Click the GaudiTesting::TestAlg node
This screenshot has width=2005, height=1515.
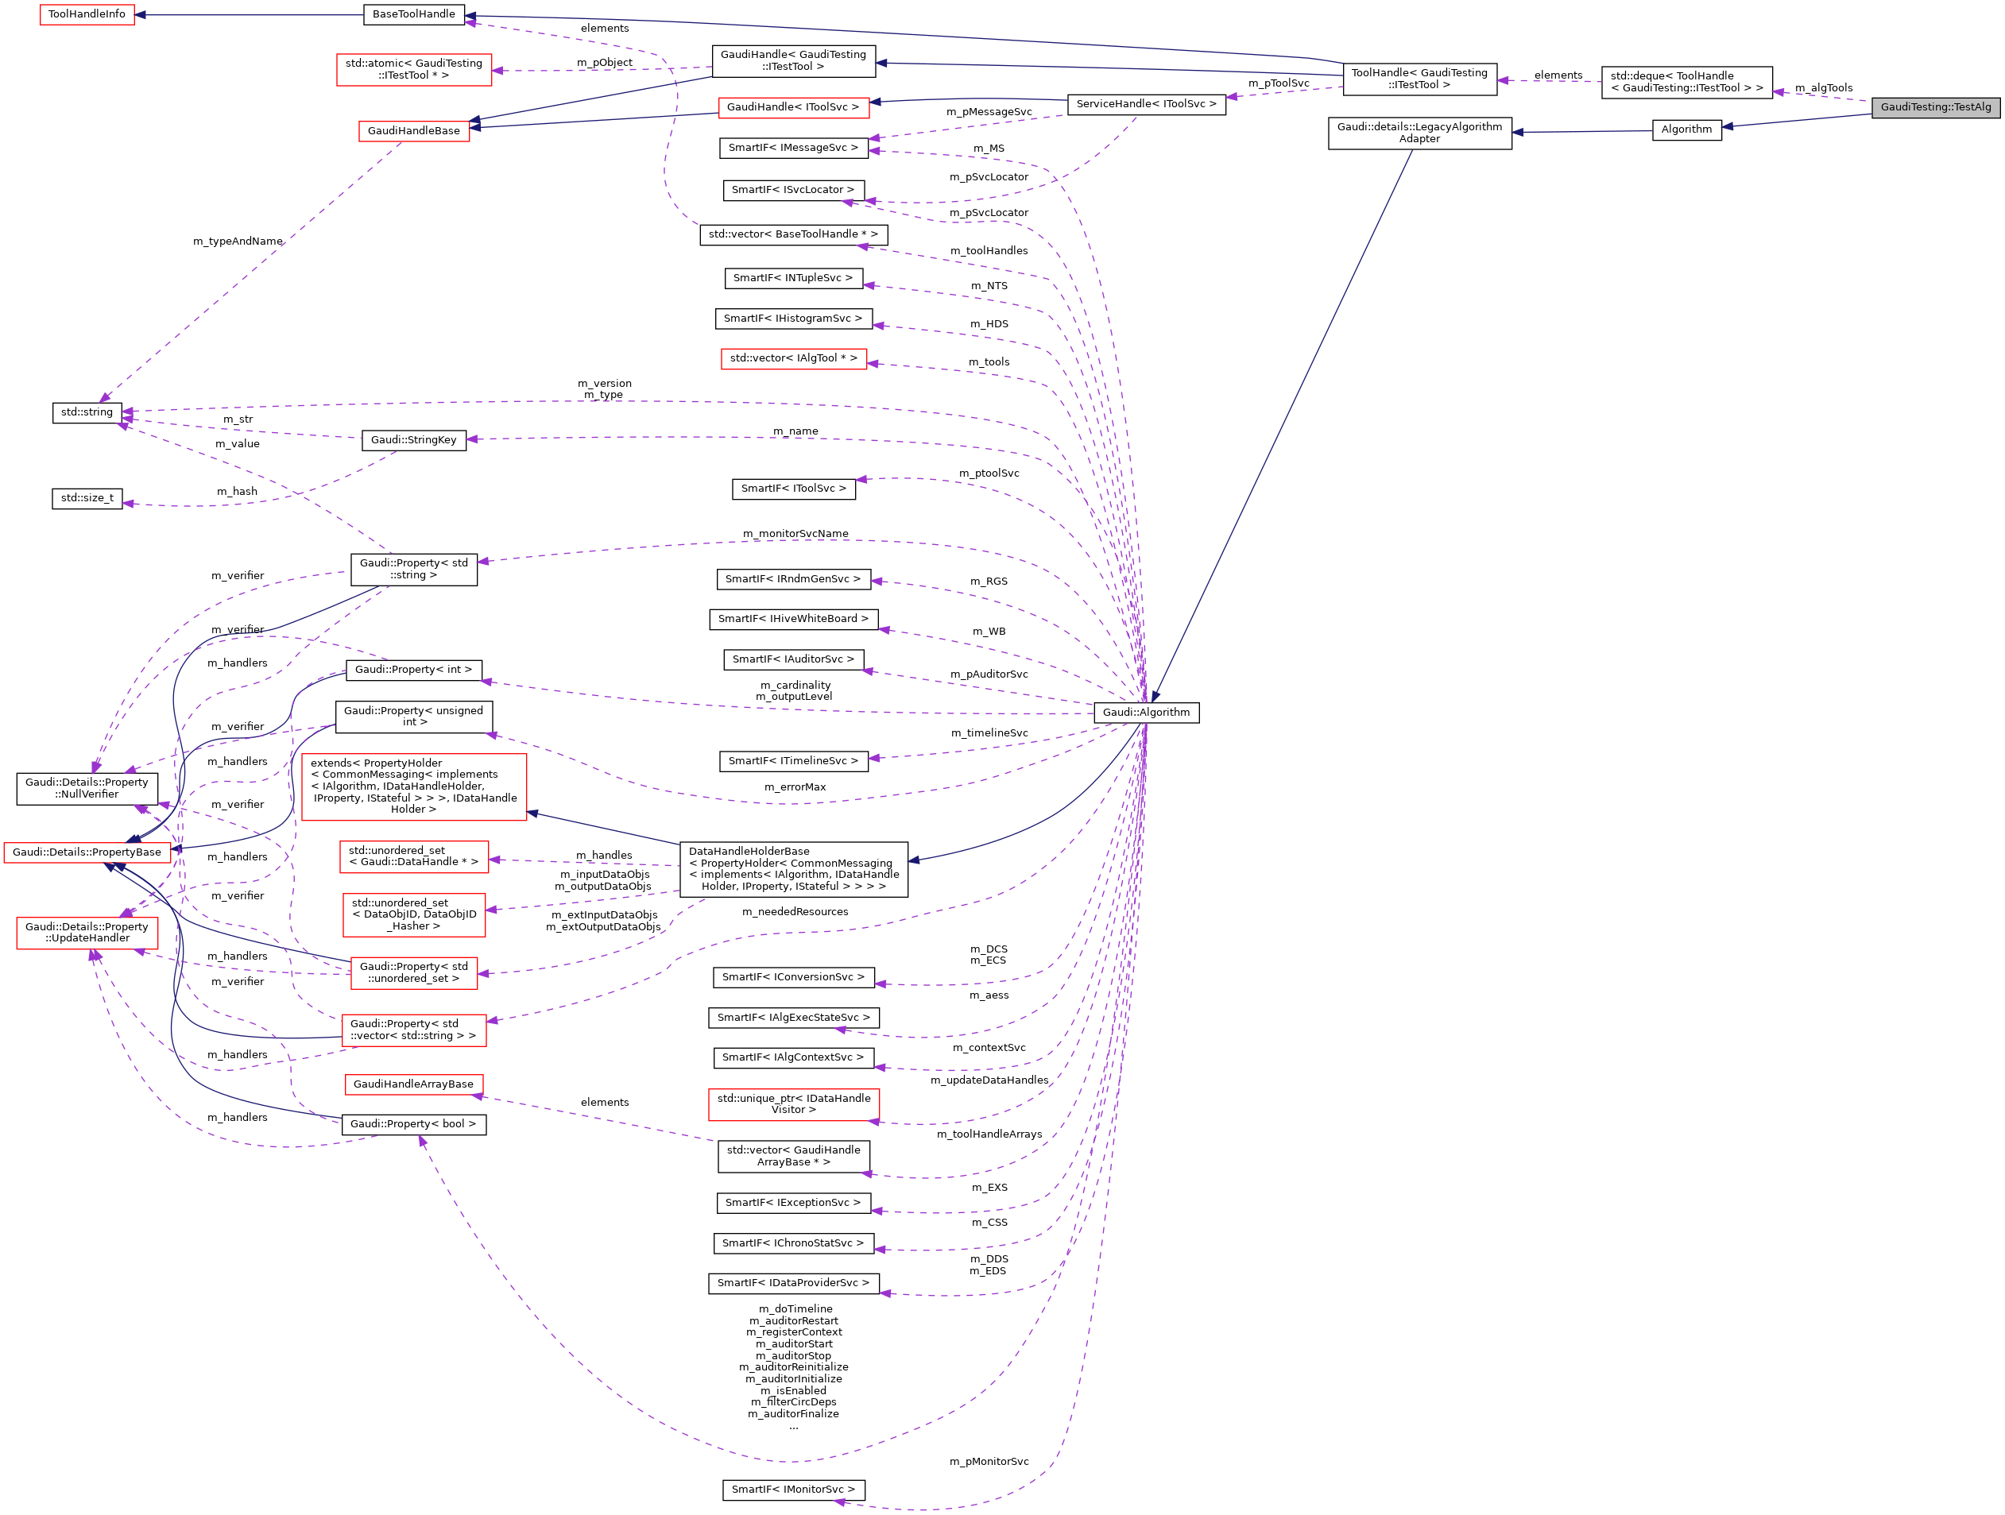[1935, 107]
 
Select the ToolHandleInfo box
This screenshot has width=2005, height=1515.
[87, 14]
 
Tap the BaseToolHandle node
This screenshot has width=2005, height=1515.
[414, 14]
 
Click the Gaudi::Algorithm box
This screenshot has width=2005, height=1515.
[1146, 712]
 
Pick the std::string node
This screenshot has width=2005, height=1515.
[87, 412]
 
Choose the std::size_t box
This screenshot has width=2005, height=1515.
[87, 498]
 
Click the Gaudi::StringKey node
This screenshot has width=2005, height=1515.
[413, 440]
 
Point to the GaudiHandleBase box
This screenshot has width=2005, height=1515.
[413, 131]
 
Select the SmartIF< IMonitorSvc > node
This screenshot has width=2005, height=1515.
[793, 1490]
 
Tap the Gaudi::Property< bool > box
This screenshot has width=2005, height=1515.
[413, 1124]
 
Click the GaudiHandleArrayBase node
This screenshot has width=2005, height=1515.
[413, 1084]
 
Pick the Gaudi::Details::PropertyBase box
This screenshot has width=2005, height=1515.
[87, 852]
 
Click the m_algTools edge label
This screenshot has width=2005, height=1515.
[1823, 88]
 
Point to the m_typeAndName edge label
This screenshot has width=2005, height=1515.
[238, 241]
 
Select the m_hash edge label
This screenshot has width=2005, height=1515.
[237, 491]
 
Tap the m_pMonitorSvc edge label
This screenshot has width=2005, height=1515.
[989, 1462]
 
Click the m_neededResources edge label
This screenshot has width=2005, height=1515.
[795, 911]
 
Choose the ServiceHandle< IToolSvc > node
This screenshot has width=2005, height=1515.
[1146, 104]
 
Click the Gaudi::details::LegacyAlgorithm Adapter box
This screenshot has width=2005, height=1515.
[1419, 133]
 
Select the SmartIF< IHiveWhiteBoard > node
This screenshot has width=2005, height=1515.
[793, 619]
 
